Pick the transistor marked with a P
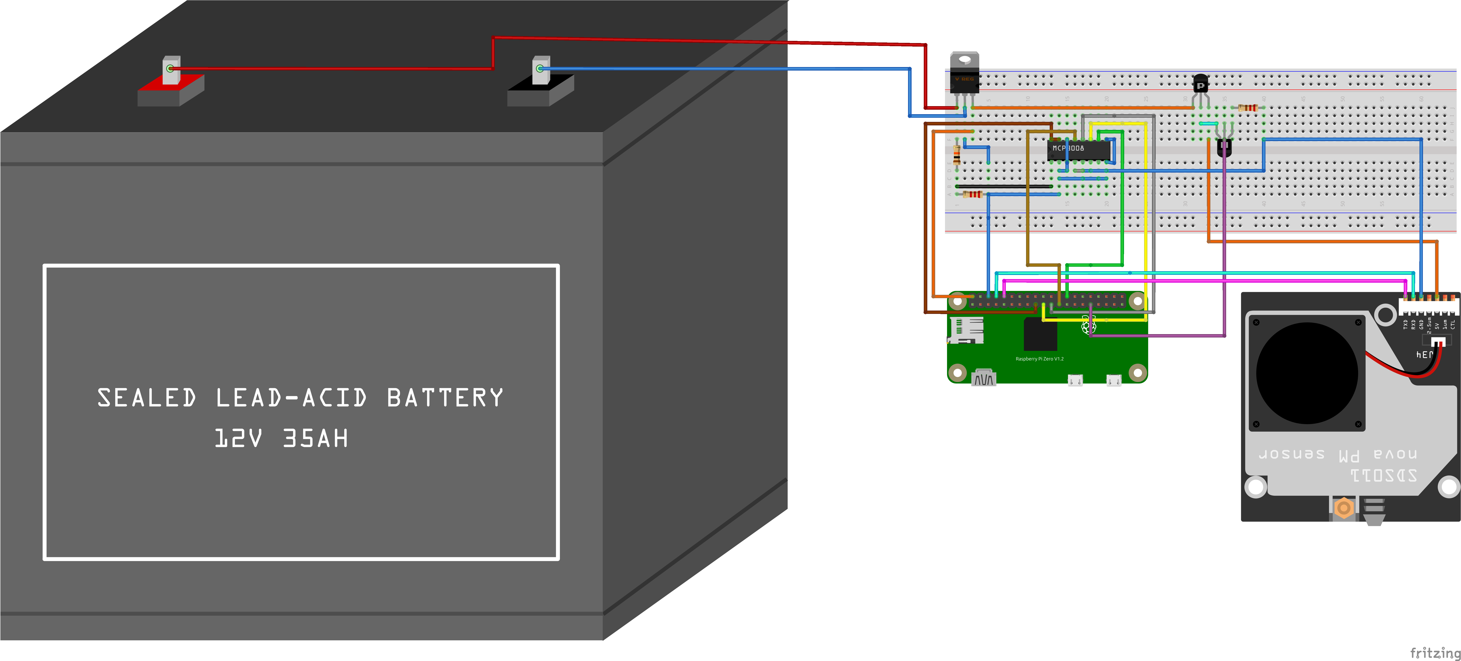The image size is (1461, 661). coord(1201,85)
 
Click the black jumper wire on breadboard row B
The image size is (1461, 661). coord(1004,186)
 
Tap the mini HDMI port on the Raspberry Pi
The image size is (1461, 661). coord(983,378)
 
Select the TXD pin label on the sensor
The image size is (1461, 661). coord(1405,324)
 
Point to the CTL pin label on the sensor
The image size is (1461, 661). coord(1453,324)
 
